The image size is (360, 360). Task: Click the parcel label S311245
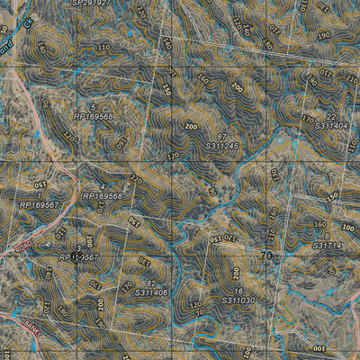tap(221, 146)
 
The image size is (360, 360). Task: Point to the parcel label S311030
tap(235, 300)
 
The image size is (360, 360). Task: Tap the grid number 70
tap(265, 256)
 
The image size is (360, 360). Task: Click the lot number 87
tap(221, 135)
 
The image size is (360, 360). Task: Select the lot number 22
tap(331, 117)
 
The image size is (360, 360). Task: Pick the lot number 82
tap(150, 282)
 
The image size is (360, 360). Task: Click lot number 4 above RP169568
tap(103, 186)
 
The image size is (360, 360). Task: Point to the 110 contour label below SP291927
tap(103, 47)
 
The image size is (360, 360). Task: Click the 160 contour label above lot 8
tap(319, 224)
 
